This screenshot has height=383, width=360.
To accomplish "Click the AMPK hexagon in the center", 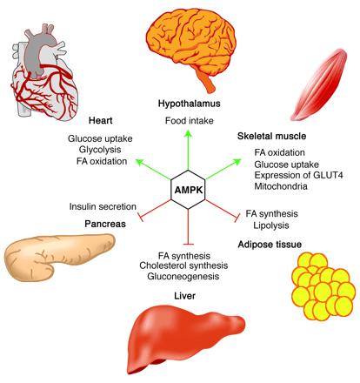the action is click(x=188, y=190).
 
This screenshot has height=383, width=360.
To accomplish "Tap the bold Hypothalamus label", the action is click(x=190, y=104).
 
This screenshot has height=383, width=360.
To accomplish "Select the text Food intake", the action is click(x=190, y=120).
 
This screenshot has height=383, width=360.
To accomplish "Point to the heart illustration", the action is click(x=43, y=72).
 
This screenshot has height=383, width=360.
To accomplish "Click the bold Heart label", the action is click(x=101, y=120).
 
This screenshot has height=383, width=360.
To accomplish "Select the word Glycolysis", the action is click(x=100, y=150).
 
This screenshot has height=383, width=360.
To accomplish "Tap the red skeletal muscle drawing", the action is click(x=319, y=84).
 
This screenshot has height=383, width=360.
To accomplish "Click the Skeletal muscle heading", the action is click(x=271, y=136).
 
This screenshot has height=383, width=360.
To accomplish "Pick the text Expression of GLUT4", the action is click(x=298, y=175).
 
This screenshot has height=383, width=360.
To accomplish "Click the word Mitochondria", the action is click(x=281, y=186).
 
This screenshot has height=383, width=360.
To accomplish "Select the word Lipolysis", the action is click(x=271, y=225).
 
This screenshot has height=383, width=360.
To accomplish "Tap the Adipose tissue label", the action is click(x=270, y=245).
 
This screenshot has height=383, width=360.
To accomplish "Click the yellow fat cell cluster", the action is click(x=323, y=286).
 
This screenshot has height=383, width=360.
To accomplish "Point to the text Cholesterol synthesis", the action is click(x=183, y=265).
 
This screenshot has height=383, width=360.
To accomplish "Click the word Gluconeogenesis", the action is click(x=183, y=276).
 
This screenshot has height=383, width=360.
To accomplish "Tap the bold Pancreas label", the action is click(x=105, y=224).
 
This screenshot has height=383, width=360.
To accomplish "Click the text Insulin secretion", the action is click(x=103, y=206).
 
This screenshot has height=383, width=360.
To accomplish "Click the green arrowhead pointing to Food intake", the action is click(x=189, y=133).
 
